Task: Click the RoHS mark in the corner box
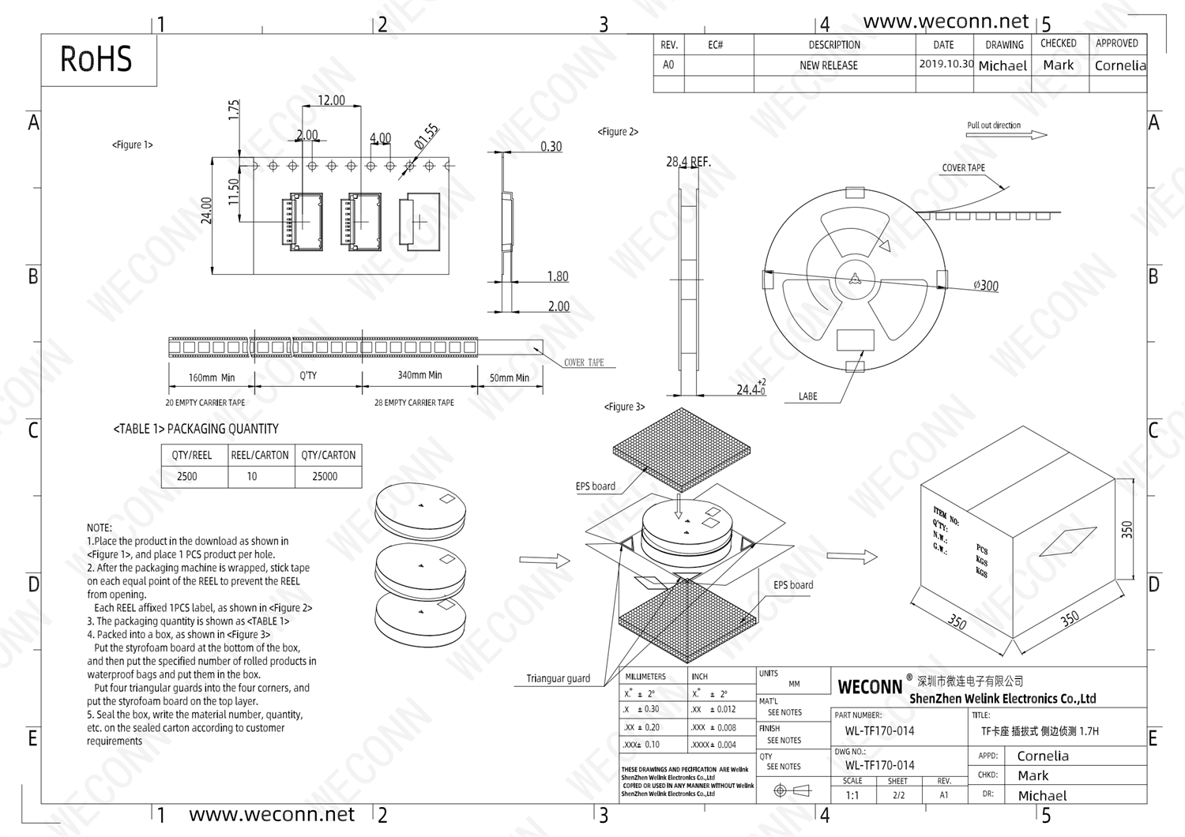coord(96,59)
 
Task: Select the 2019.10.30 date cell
coord(945,64)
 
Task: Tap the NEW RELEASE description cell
coord(828,66)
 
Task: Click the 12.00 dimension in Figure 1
coord(331,100)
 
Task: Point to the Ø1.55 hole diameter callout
coord(427,137)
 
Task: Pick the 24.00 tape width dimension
coord(207,211)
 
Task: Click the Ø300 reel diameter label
coord(985,286)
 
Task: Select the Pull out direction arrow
coord(1006,135)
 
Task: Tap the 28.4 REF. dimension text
coord(688,162)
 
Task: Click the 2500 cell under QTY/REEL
coord(187,477)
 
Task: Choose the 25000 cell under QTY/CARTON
coord(325,477)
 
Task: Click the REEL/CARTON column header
coord(260,456)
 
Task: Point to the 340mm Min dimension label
coord(419,375)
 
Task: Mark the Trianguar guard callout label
coord(558,678)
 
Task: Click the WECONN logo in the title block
coord(870,687)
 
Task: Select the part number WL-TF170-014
coord(879,731)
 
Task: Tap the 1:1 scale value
coord(852,795)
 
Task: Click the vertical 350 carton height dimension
coord(1127,529)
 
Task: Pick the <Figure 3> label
coord(624,407)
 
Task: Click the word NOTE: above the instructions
coord(100,527)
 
